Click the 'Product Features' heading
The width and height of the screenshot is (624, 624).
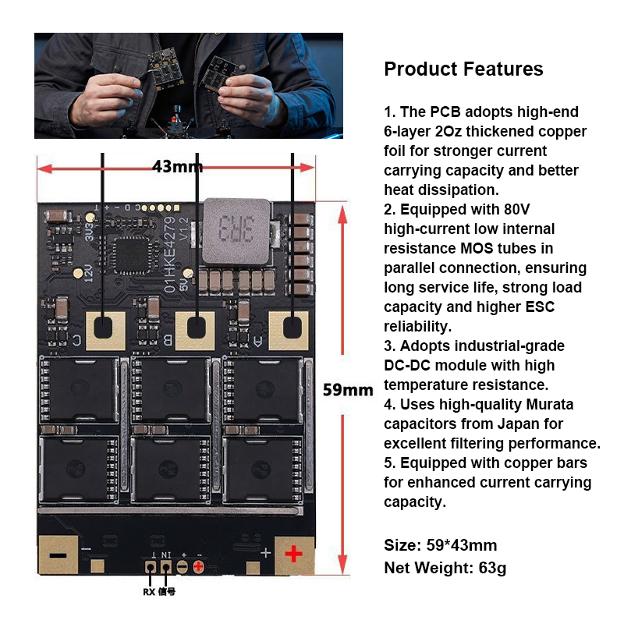(x=463, y=69)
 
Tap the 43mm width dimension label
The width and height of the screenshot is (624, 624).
(x=178, y=166)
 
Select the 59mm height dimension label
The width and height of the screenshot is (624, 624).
(x=348, y=389)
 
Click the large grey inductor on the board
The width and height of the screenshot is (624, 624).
(x=236, y=231)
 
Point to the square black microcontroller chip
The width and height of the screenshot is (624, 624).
(x=131, y=254)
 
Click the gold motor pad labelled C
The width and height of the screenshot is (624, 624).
(x=105, y=331)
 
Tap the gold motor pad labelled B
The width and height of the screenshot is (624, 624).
(x=195, y=331)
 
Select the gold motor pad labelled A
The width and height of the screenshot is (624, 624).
(x=289, y=331)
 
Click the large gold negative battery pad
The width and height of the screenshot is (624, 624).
(x=58, y=555)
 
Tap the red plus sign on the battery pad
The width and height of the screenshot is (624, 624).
(x=294, y=554)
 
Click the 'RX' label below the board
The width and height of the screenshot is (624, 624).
(x=149, y=592)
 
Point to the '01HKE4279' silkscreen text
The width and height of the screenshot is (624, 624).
(x=170, y=255)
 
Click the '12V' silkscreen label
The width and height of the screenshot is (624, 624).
(x=88, y=273)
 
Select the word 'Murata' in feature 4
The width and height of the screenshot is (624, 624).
(x=550, y=404)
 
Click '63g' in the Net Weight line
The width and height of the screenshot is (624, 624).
(x=492, y=569)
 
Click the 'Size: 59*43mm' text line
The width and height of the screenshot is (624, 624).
(x=441, y=545)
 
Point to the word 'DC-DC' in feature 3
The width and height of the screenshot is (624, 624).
(x=407, y=365)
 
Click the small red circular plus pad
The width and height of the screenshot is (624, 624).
(x=198, y=566)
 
